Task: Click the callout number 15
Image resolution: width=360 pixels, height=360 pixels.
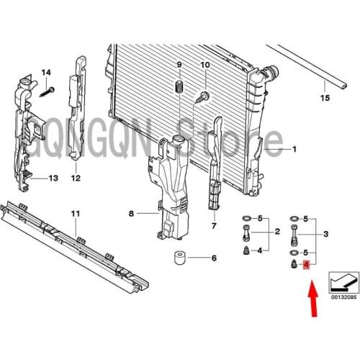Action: (x=325, y=98)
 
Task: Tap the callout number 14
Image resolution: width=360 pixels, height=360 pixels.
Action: (x=46, y=72)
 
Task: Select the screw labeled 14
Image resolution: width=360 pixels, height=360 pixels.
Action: (x=47, y=91)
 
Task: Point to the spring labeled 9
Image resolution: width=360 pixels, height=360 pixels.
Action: (x=179, y=86)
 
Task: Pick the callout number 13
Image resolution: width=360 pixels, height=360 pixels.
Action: (x=53, y=178)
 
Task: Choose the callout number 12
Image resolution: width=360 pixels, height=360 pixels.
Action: (x=76, y=178)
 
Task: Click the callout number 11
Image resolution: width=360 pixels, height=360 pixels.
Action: (x=76, y=214)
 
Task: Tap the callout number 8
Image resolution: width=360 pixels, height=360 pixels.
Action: (x=131, y=213)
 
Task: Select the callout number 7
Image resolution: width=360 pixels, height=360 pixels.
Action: (x=214, y=226)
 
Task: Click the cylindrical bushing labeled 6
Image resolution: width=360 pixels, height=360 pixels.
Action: (x=179, y=258)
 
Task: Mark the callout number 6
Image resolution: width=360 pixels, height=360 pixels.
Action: (x=214, y=258)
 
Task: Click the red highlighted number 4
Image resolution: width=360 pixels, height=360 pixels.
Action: (x=306, y=265)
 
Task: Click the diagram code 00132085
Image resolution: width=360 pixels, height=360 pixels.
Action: (x=344, y=297)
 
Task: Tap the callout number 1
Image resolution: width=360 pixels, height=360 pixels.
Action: (x=294, y=149)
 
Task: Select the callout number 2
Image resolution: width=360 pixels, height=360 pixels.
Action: (x=277, y=232)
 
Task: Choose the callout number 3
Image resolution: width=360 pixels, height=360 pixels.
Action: (x=325, y=233)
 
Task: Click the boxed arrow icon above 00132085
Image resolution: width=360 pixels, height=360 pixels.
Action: (x=344, y=282)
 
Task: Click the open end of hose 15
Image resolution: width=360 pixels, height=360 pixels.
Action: (x=344, y=86)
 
